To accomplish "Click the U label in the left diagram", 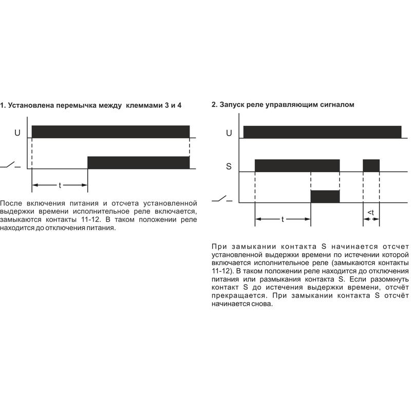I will tap(17, 133).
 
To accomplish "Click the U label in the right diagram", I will tap(229, 133).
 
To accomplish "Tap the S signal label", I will tap(229, 166).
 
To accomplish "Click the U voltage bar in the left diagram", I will tap(110, 132).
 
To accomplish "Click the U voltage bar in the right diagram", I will tap(322, 132).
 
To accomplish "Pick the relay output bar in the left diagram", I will tap(138, 162).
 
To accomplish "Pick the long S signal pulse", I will tap(297, 165).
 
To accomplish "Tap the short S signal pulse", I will tap(371, 165).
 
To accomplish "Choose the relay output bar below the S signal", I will tap(325, 197).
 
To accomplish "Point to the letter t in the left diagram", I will tap(60, 184).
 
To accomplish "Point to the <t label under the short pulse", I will tap(371, 213).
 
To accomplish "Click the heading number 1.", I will tap(3, 105).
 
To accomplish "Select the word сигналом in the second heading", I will tap(337, 105).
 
